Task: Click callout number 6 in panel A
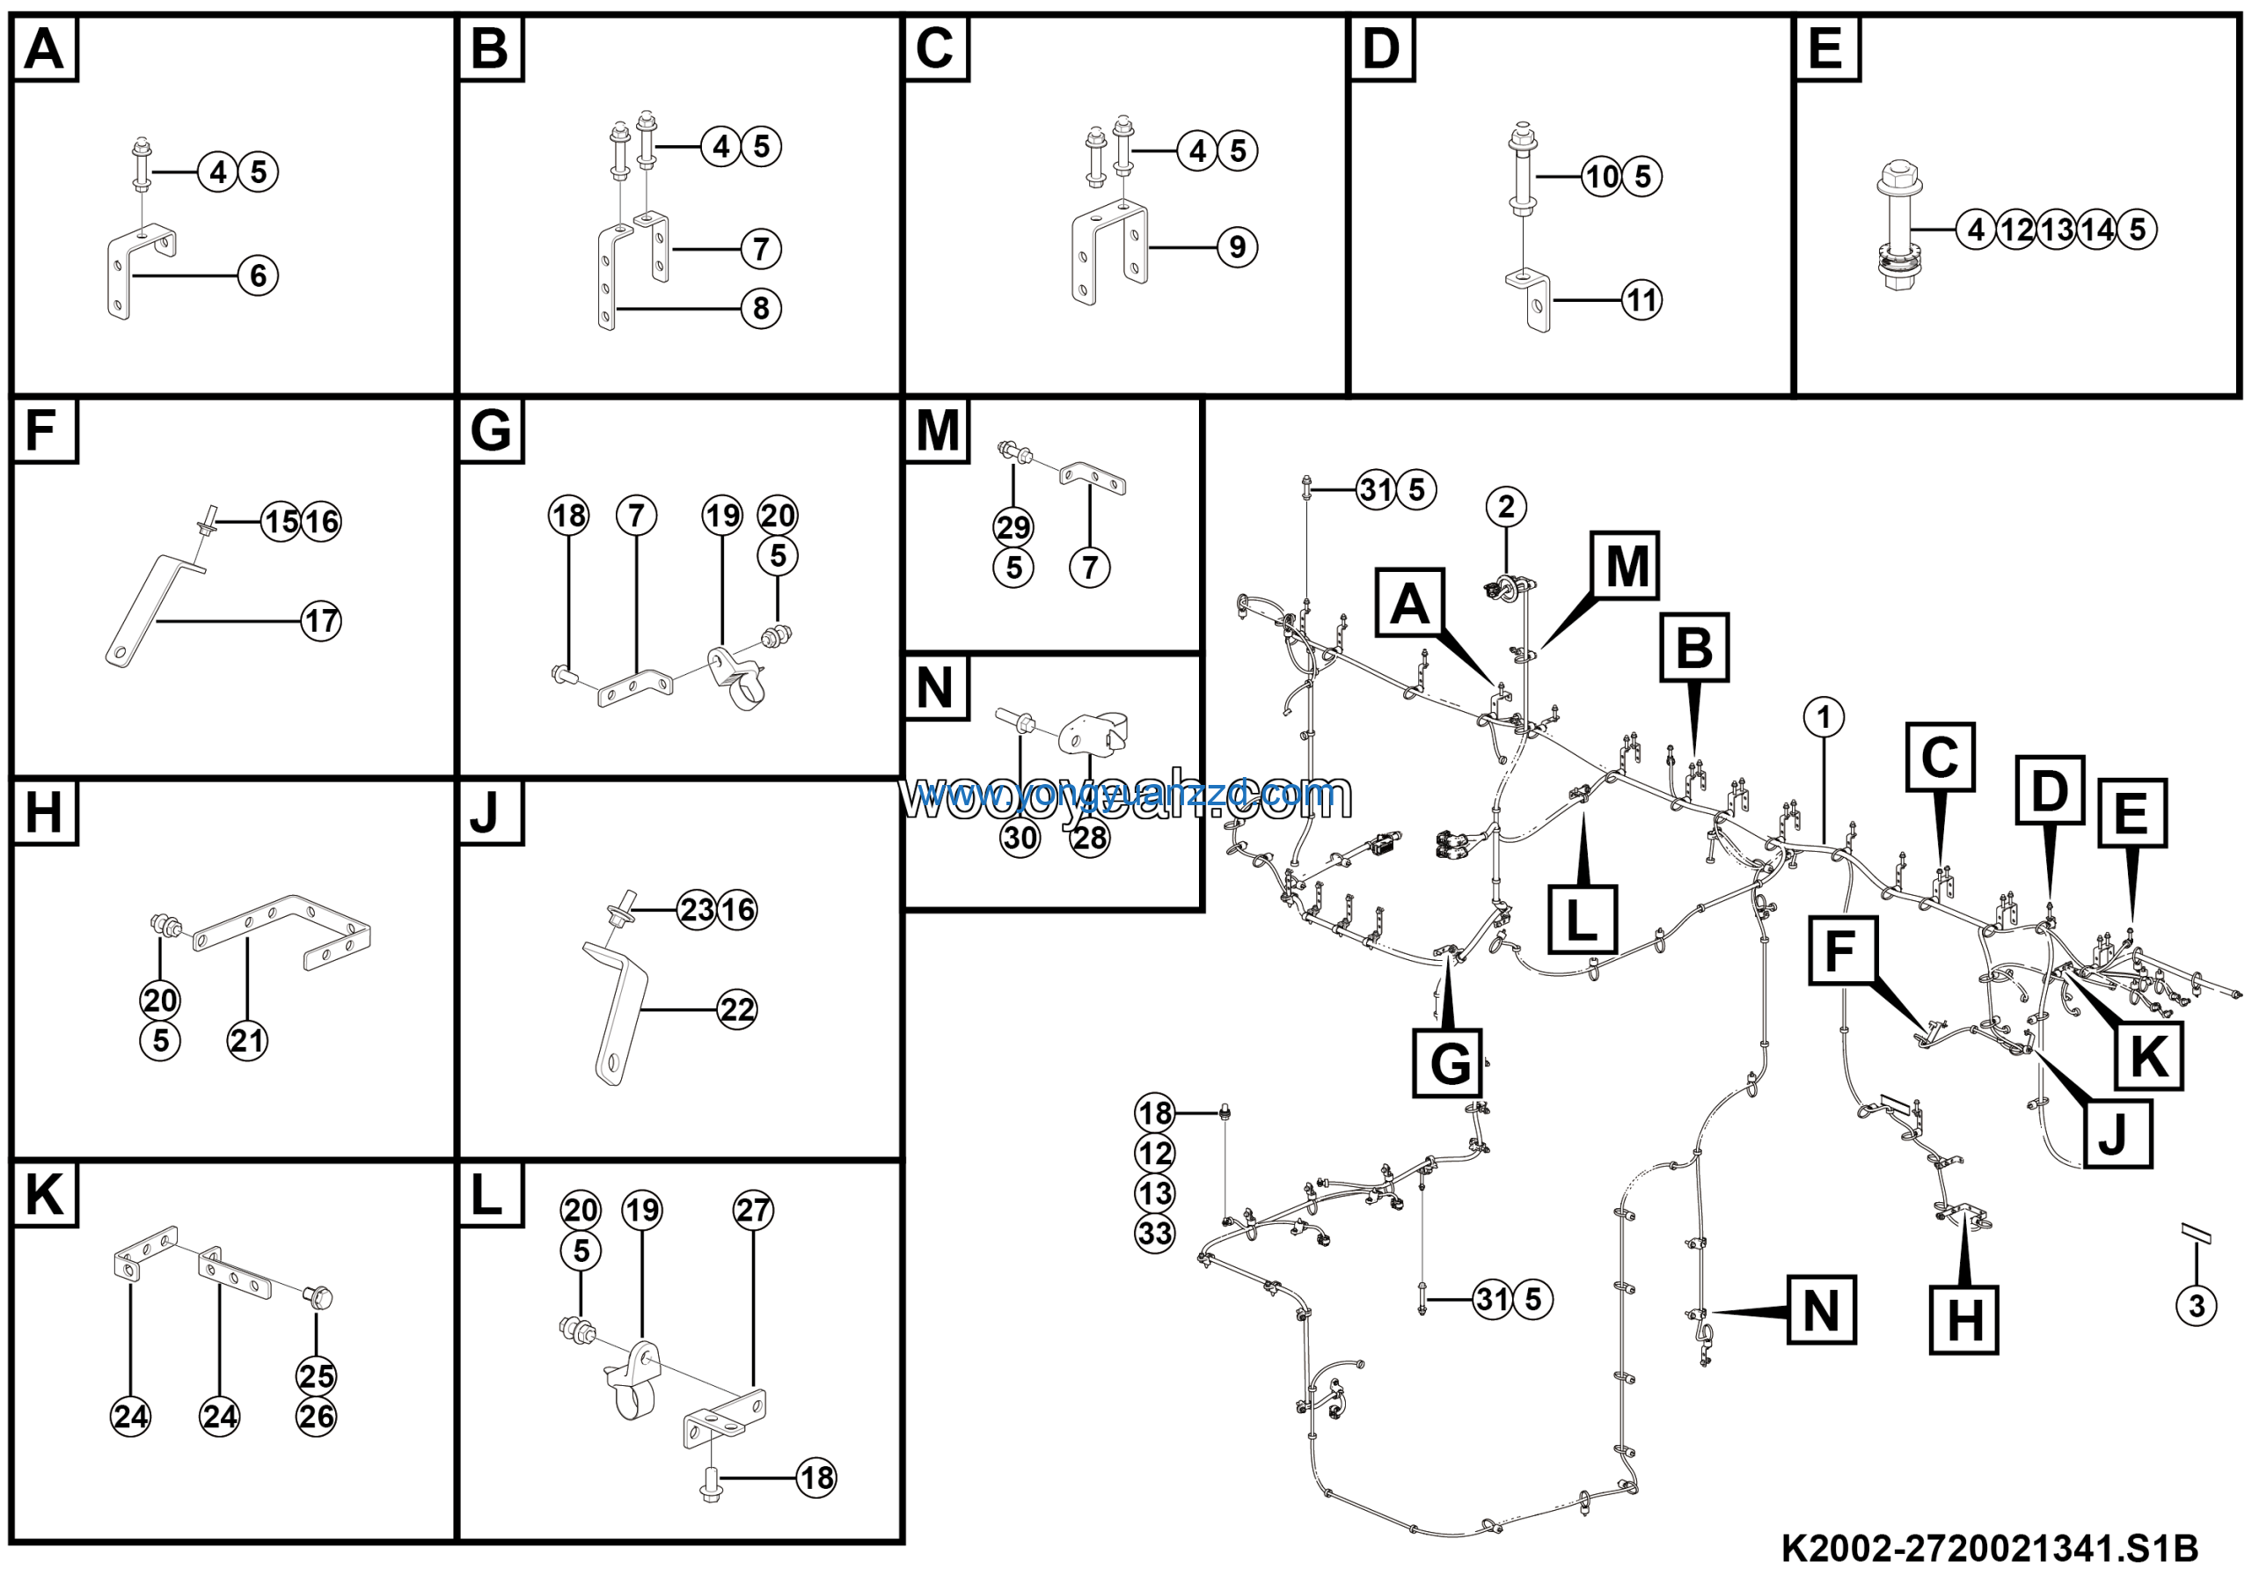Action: coord(258,275)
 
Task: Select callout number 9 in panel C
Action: coord(1237,247)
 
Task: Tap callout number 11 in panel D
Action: coord(1641,300)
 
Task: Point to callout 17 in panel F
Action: coord(321,621)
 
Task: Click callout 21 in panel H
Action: coord(247,1041)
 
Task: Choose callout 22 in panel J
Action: coord(736,1009)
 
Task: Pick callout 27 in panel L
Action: coord(753,1211)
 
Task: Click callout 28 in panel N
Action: coord(1090,839)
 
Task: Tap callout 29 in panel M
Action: coord(1013,528)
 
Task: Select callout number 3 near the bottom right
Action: coord(2196,1306)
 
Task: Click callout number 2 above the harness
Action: coord(1507,506)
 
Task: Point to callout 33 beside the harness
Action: coord(1154,1233)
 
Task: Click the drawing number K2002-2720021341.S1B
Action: coord(1989,1550)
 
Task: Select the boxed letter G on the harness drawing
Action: coord(1449,1063)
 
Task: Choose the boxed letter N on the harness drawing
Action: coord(1822,1310)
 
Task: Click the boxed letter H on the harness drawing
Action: coord(1964,1321)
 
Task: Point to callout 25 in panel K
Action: coord(316,1376)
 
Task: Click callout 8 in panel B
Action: coord(761,309)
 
